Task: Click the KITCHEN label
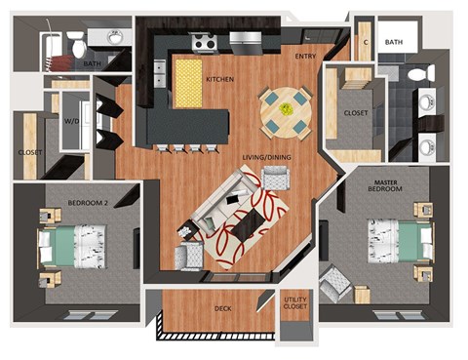click(219, 78)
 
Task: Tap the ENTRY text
click(305, 57)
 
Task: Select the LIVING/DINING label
click(266, 157)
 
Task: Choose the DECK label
click(223, 310)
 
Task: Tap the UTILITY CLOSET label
click(294, 303)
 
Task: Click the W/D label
click(72, 123)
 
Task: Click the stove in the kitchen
click(203, 42)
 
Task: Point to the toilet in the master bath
click(417, 73)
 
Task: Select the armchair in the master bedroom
click(334, 284)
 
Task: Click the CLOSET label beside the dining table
click(356, 113)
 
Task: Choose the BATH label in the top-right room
click(394, 42)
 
